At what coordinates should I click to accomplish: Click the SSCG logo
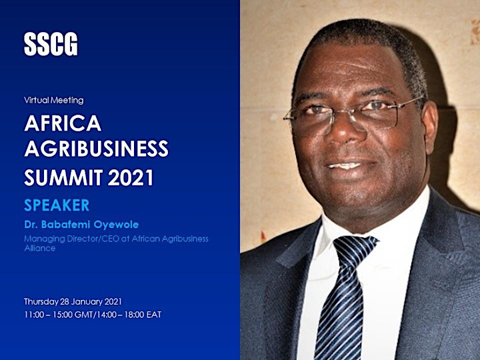[x=51, y=44]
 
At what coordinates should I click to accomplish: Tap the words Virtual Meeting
[x=54, y=100]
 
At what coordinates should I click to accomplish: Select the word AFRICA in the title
[x=63, y=123]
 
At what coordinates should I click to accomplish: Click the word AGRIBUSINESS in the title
[x=97, y=149]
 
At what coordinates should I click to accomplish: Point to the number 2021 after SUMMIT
[x=131, y=177]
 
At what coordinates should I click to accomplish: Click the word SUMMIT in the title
[x=63, y=177]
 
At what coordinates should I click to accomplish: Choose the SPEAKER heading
[x=57, y=205]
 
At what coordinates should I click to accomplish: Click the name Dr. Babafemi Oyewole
[x=81, y=225]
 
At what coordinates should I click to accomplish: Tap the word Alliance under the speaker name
[x=40, y=248]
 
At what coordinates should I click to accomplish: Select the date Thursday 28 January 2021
[x=73, y=301]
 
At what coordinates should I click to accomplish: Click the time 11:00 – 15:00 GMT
[x=59, y=315]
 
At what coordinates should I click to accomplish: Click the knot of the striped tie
[x=355, y=249]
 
